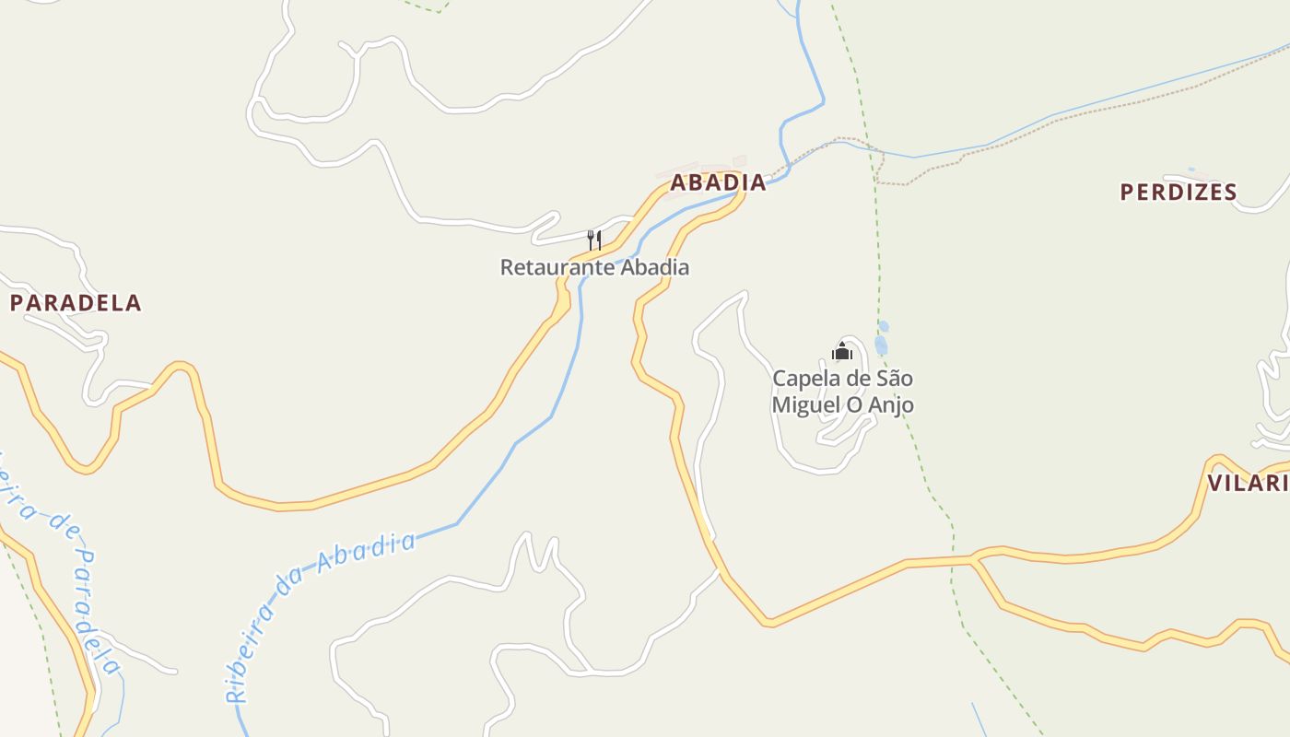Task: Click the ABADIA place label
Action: click(718, 182)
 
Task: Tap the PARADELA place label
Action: click(76, 303)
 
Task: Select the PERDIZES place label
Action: click(1178, 193)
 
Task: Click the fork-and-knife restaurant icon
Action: click(594, 241)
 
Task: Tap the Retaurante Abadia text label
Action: click(594, 268)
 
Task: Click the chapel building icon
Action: click(841, 352)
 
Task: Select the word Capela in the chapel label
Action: click(804, 379)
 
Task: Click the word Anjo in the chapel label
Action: click(889, 404)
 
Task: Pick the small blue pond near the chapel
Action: click(881, 345)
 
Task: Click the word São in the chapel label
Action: click(893, 379)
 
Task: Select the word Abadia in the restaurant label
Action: click(654, 268)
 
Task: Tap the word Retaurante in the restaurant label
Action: click(557, 268)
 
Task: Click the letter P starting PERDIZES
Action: click(1127, 193)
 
